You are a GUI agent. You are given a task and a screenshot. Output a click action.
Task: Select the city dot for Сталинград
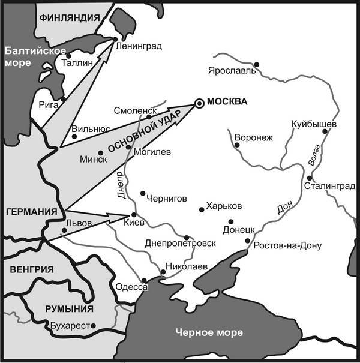[x=309, y=178]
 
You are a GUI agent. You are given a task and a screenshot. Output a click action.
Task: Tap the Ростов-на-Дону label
[x=287, y=245]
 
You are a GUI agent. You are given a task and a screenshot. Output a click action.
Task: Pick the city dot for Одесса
[x=144, y=280]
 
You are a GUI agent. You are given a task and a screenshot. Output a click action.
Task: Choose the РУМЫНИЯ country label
[x=70, y=309]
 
